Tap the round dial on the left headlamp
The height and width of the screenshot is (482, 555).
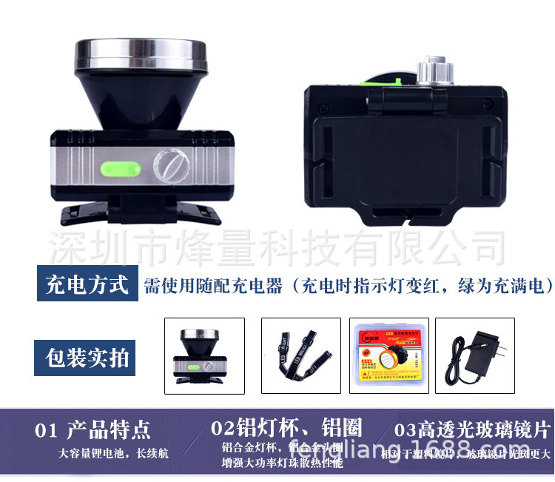[x=170, y=167]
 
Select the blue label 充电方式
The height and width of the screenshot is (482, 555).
[x=87, y=284]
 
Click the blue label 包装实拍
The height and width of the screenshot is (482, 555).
[x=87, y=358]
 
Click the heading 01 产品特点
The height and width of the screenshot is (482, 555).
[x=92, y=429]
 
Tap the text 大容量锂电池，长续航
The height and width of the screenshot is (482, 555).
[x=114, y=453]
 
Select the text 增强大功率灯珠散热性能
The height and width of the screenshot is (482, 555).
[x=282, y=464]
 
